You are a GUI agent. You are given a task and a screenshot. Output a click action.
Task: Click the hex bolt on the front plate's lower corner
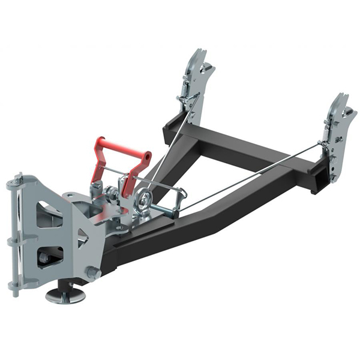[94, 272]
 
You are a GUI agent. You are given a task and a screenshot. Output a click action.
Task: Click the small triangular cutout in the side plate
[82, 237]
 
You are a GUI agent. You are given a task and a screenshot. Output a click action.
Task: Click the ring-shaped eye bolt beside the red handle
[143, 201]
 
